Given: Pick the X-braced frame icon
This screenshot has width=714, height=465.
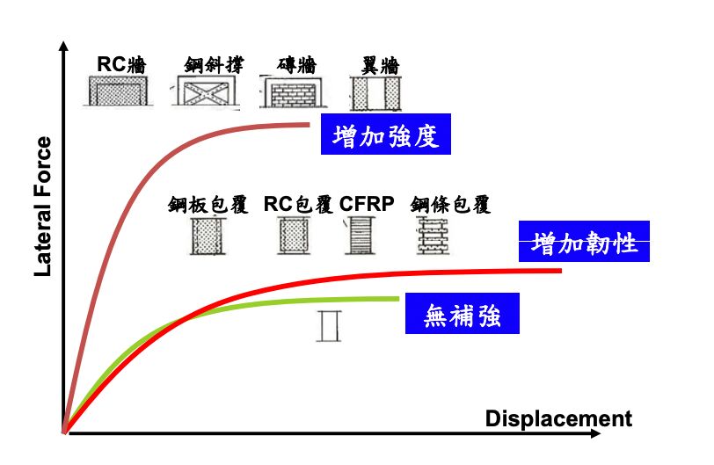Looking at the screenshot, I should (x=208, y=91).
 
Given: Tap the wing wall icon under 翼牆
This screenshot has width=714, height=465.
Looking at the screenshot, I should (x=374, y=91).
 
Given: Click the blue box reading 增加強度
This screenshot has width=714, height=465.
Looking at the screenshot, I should (x=386, y=134).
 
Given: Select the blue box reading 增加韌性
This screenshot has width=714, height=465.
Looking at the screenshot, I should (x=585, y=242).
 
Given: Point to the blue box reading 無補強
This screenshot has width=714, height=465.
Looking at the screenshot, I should (x=462, y=313).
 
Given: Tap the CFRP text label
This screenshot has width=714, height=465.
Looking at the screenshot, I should (x=367, y=204).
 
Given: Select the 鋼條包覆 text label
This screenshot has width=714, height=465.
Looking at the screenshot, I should (x=449, y=205).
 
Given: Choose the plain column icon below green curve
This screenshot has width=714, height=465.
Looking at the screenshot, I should (x=330, y=324).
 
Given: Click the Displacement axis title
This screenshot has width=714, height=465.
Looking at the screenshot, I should (x=557, y=418).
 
